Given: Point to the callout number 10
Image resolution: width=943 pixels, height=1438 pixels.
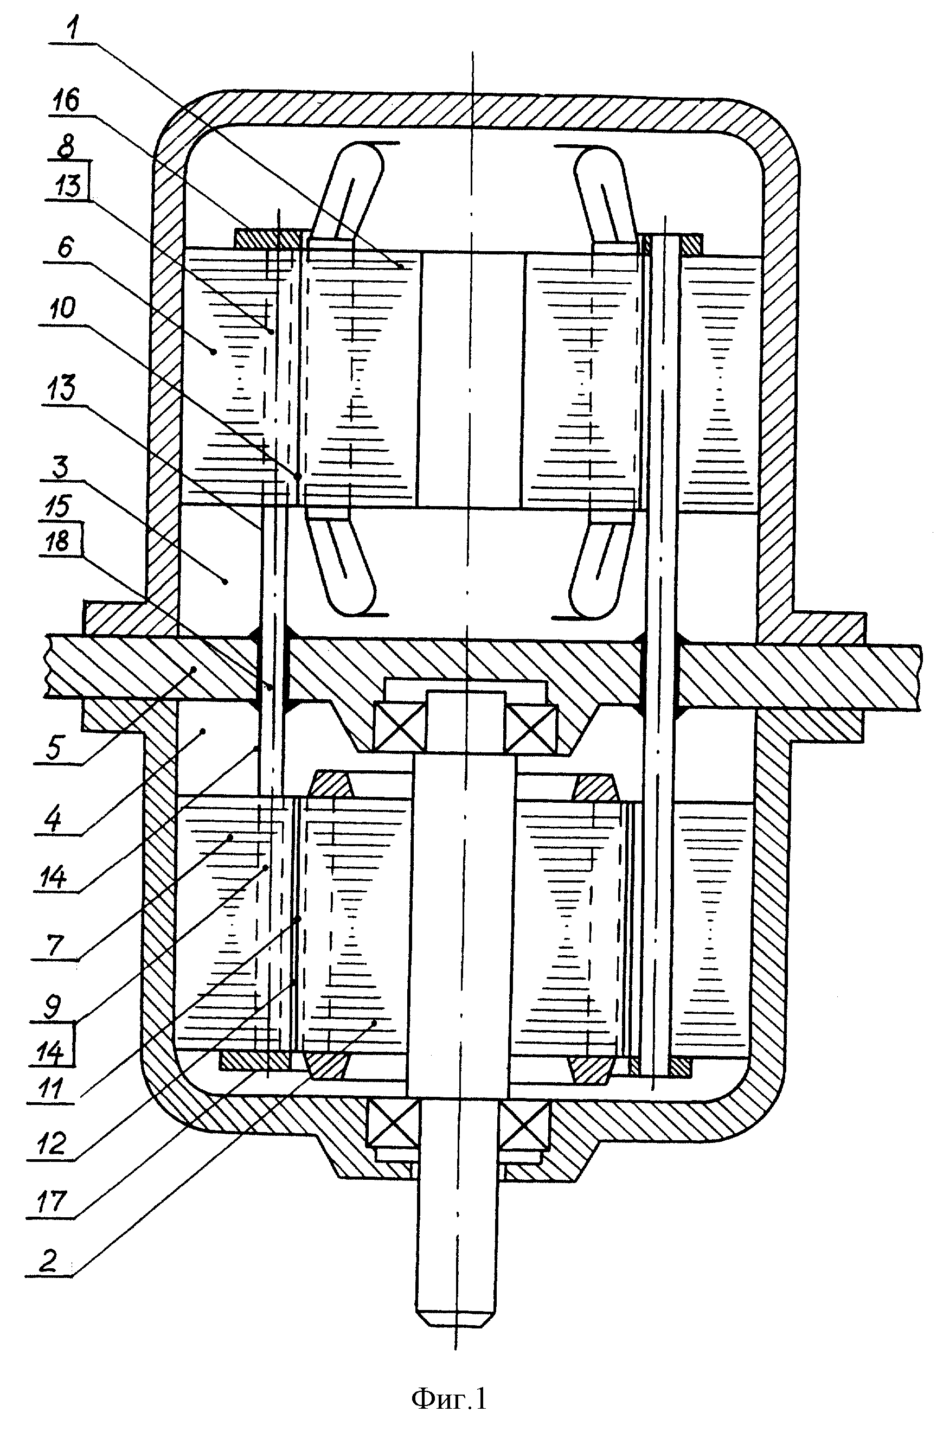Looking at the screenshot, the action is coord(59,309).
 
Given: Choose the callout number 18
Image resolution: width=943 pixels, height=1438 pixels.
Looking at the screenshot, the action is coord(59,541).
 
